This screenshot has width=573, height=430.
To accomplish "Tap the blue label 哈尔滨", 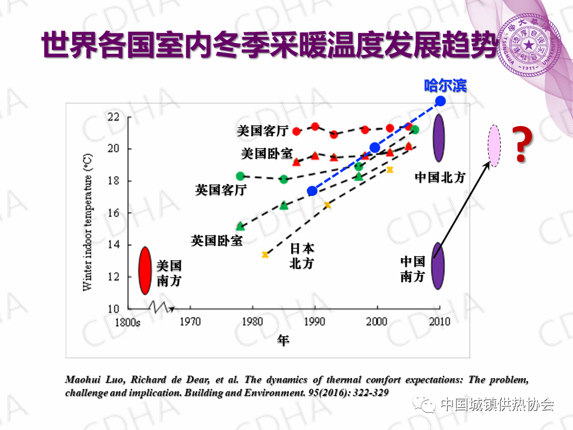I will [x=445, y=85].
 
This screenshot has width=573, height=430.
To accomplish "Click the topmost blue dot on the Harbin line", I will [x=440, y=101].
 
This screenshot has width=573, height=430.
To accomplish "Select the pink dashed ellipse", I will [x=494, y=146].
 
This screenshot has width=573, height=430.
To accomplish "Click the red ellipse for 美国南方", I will [x=144, y=271].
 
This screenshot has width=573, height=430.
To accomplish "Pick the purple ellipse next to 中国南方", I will [x=438, y=266].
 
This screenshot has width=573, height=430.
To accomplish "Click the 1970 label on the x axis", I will [x=190, y=321].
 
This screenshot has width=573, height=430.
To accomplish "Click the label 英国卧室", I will [x=217, y=241].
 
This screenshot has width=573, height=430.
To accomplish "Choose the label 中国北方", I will [x=440, y=177].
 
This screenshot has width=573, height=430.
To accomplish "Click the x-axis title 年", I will [x=283, y=341].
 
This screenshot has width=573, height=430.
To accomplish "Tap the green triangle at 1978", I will [x=241, y=226].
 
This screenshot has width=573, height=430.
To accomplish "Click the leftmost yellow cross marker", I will [x=265, y=254].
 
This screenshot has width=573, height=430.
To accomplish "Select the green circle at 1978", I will [x=240, y=176].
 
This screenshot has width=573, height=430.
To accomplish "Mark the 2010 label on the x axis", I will [x=440, y=321].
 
